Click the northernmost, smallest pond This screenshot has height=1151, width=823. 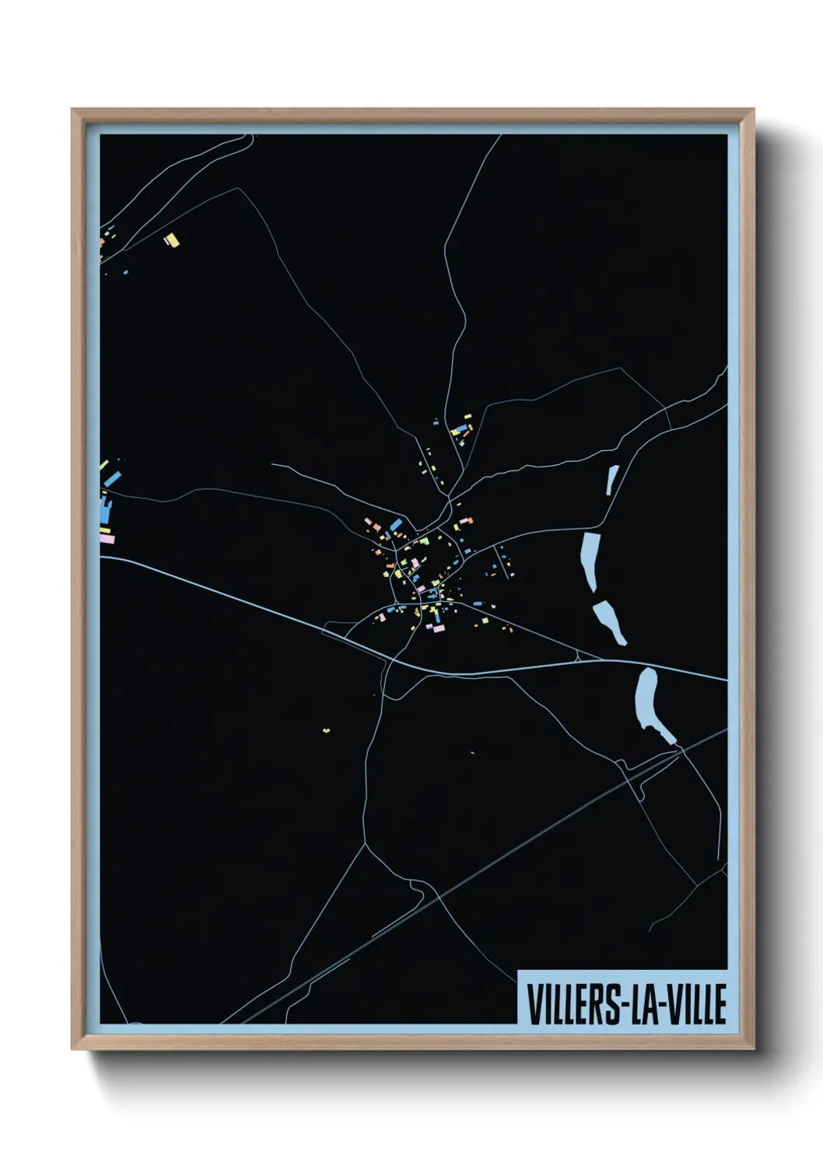click(x=612, y=480)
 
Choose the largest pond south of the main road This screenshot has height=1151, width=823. click(x=648, y=700)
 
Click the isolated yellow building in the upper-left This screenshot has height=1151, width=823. click(x=172, y=240)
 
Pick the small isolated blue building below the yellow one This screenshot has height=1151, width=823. click(x=126, y=272)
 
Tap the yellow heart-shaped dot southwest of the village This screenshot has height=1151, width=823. click(x=327, y=729)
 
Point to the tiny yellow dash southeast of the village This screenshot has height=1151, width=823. click(x=472, y=752)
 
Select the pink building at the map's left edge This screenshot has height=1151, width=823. click(x=107, y=538)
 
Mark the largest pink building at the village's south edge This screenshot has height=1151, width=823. click(x=436, y=627)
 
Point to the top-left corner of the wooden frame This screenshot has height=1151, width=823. click(x=72, y=110)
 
